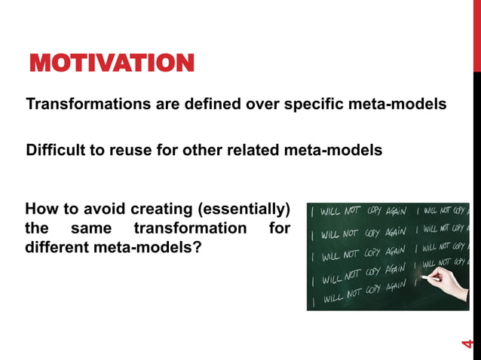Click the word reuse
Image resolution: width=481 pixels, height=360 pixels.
point(127,151)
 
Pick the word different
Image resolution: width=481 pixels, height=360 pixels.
point(59,246)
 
